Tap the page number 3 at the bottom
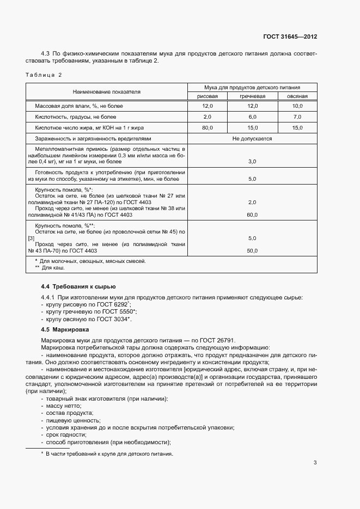click(x=315, y=463)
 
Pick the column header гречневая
click(x=252, y=96)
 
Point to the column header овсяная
click(x=297, y=96)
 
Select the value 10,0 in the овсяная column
click(x=297, y=106)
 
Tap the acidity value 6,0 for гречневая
click(x=252, y=116)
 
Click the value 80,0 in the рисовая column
click(x=207, y=127)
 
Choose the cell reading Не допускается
click(x=252, y=138)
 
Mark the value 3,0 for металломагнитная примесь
click(x=252, y=162)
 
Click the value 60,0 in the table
click(x=252, y=214)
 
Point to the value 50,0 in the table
click(x=252, y=251)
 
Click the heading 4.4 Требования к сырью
click(x=78, y=286)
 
